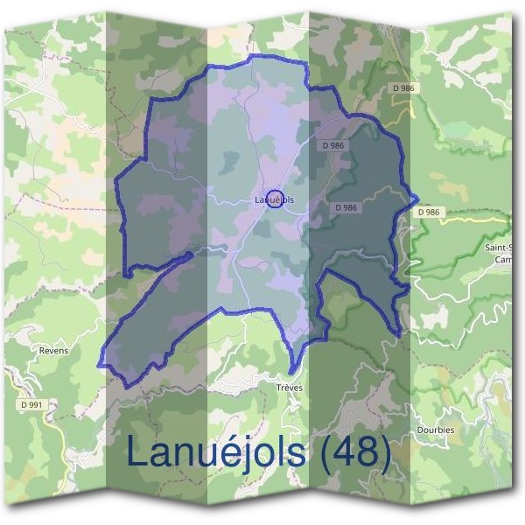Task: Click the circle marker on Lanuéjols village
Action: (x=274, y=199)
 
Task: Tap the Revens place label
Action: (x=53, y=350)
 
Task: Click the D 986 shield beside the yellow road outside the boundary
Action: (x=429, y=212)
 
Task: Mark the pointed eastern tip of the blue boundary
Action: (x=418, y=199)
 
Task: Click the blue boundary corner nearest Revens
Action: (x=99, y=366)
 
